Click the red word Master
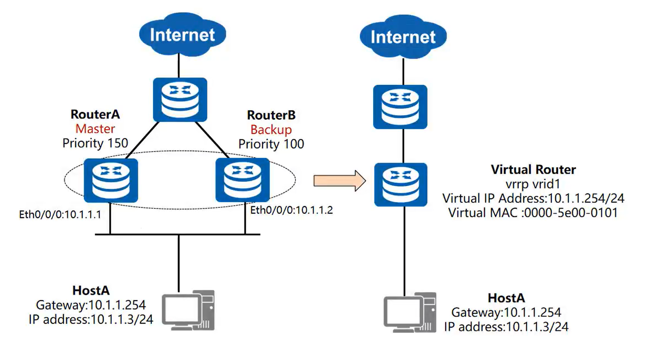click(x=95, y=129)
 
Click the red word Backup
click(x=271, y=129)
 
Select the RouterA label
click(x=95, y=114)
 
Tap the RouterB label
click(x=271, y=115)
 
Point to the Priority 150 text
click(x=95, y=143)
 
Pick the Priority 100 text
click(x=271, y=144)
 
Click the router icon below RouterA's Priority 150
click(x=111, y=180)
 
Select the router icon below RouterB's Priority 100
click(x=242, y=180)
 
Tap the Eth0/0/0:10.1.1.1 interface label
click(x=60, y=214)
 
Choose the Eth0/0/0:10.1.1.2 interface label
click(x=291, y=210)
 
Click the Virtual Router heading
click(x=533, y=170)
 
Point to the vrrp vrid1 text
click(x=533, y=184)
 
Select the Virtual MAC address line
click(x=533, y=213)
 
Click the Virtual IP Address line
click(x=533, y=198)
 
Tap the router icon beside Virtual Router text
click(x=400, y=184)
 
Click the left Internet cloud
click(x=182, y=34)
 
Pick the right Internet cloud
click(x=403, y=37)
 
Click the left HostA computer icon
click(x=188, y=310)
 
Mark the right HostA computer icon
click(x=410, y=313)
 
